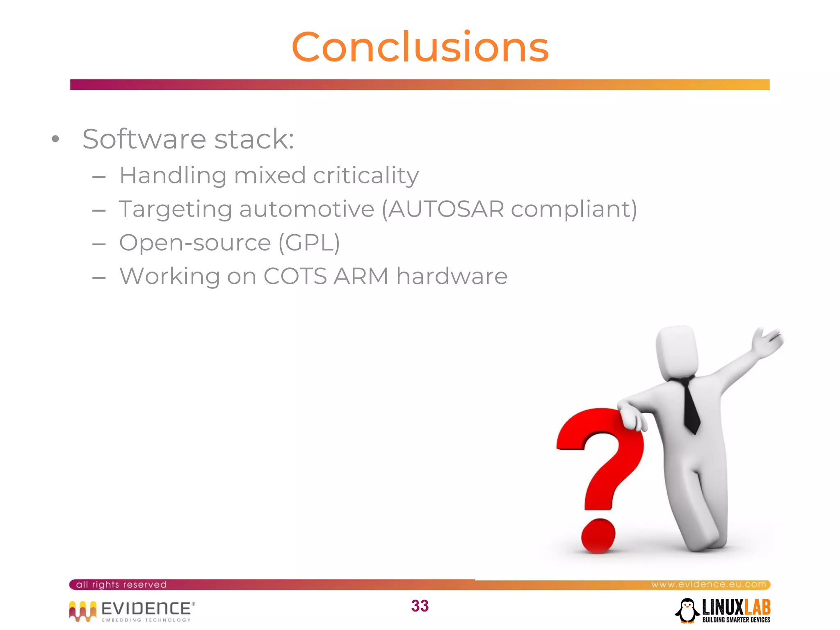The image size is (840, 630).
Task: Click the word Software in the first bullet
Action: [144, 139]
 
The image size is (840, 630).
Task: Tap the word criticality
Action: [366, 176]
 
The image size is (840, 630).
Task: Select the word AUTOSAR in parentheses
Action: [446, 209]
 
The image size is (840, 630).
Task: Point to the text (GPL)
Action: [309, 243]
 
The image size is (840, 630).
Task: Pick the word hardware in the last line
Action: [452, 276]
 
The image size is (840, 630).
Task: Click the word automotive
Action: [307, 209]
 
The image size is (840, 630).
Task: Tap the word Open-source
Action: [195, 243]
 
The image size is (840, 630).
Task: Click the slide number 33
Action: [420, 606]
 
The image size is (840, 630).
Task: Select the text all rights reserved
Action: [121, 584]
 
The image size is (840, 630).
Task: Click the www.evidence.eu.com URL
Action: [708, 584]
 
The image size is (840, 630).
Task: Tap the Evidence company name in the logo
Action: [146, 608]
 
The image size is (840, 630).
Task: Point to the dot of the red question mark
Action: [598, 536]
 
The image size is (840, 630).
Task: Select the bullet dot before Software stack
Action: [56, 139]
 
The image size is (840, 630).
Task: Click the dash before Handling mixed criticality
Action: [99, 177]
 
